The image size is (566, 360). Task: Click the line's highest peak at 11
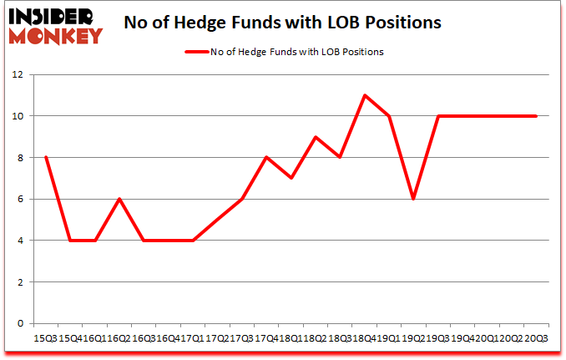pos(365,95)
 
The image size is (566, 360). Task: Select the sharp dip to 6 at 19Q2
pos(413,199)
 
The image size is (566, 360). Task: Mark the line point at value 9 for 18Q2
pos(315,137)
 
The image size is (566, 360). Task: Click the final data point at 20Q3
pos(536,116)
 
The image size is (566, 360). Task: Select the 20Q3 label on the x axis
pos(538,338)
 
